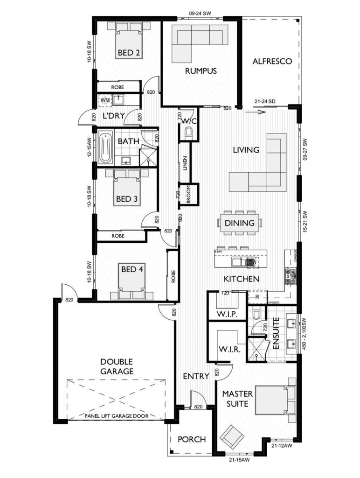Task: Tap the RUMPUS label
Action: pos(201,71)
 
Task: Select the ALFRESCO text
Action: pos(272,62)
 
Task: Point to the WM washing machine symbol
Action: pos(104,99)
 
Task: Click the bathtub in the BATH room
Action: pos(105,149)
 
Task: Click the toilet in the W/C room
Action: pos(188,134)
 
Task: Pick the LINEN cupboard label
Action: pos(185,163)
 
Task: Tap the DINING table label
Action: pos(239,223)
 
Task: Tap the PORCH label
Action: pos(192,439)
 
